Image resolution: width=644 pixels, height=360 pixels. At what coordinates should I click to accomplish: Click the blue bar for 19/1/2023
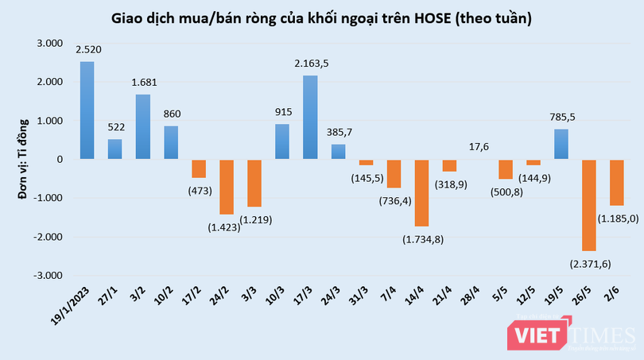coord(87,110)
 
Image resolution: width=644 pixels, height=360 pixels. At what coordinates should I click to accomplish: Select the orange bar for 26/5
coord(589,205)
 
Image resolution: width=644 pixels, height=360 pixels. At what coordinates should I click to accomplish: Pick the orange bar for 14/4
coord(422,193)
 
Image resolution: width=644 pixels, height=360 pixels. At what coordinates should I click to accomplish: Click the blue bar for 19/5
coord(561,144)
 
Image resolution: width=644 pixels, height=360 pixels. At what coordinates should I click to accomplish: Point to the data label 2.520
coord(88,49)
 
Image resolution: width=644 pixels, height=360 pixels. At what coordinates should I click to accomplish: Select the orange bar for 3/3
coord(254,183)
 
